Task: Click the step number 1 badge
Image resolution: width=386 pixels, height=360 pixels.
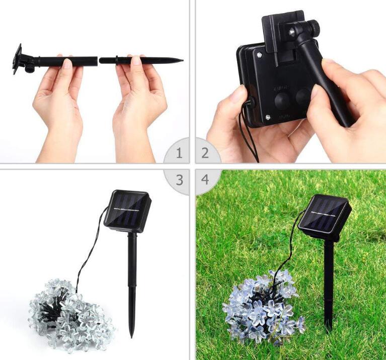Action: click(x=179, y=153)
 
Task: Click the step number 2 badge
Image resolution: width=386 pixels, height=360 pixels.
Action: click(x=205, y=153)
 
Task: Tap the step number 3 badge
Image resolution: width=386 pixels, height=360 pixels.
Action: click(x=179, y=180)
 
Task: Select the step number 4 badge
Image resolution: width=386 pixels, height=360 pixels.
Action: click(x=205, y=180)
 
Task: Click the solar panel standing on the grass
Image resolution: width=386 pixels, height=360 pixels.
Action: click(x=324, y=215)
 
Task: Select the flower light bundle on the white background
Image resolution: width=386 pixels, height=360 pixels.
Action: click(x=65, y=312)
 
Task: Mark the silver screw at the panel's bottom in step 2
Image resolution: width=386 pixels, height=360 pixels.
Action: click(x=268, y=117)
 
